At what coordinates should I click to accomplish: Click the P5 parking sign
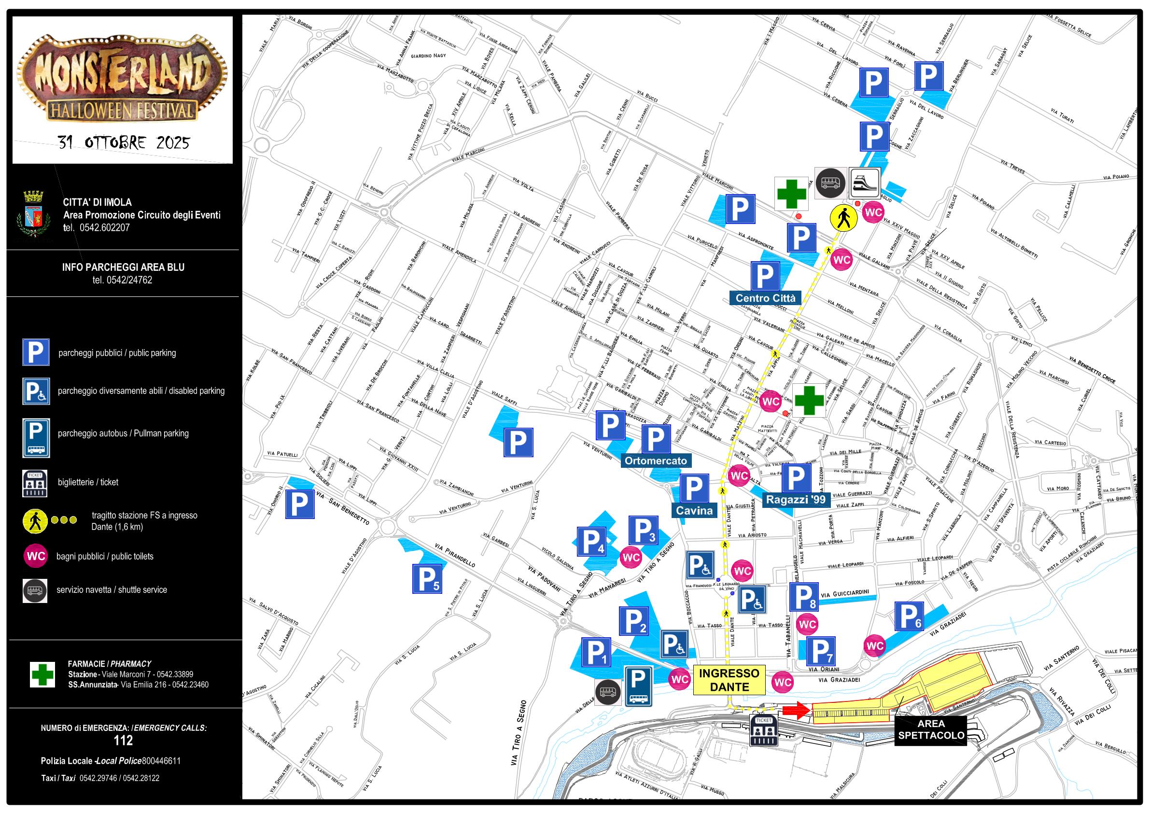click(x=427, y=578)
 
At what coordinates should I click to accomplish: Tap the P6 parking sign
click(x=909, y=616)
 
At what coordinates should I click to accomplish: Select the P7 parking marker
click(x=820, y=651)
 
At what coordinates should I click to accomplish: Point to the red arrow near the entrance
click(x=795, y=709)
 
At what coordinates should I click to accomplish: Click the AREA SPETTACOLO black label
click(x=931, y=729)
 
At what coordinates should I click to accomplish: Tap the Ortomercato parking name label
click(x=656, y=461)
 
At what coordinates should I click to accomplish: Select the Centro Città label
click(x=765, y=298)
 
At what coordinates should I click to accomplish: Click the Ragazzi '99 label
click(x=795, y=499)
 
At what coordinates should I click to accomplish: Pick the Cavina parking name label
click(x=694, y=510)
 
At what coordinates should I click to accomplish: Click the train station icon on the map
click(x=865, y=183)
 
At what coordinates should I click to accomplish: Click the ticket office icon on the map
click(x=764, y=730)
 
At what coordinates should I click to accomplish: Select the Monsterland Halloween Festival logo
click(x=122, y=78)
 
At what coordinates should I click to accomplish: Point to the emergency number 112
click(x=123, y=741)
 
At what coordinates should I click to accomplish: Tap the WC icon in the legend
click(x=36, y=556)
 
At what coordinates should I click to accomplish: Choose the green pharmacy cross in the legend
click(x=42, y=674)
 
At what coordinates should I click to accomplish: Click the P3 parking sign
click(x=643, y=531)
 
